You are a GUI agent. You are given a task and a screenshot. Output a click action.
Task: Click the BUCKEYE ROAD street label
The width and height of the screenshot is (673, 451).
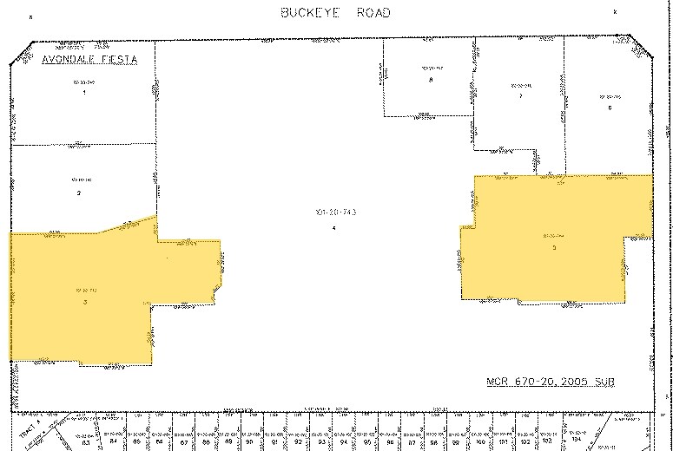(335, 12)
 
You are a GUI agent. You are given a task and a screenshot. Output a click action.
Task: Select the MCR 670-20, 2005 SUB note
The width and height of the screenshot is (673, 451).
(549, 381)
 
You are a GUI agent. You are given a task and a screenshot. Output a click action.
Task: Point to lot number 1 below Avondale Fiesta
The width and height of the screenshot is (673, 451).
(83, 92)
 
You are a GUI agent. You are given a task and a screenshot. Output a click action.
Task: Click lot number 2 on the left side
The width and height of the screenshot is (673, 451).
(78, 192)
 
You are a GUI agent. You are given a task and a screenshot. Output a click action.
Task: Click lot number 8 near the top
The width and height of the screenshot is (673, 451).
(431, 80)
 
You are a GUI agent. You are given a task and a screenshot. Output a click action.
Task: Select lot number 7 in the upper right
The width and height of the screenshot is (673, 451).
(519, 95)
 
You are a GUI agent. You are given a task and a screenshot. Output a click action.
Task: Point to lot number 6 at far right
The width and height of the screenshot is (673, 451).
(610, 107)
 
